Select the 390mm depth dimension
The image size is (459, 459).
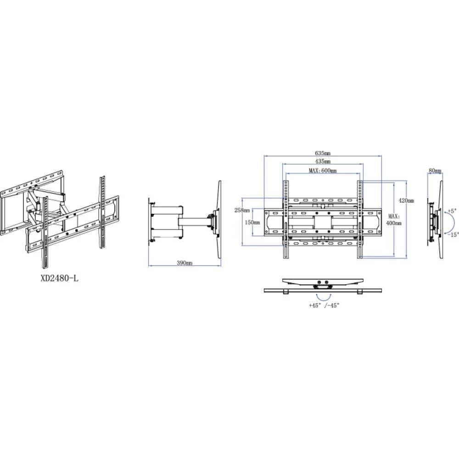pyautogui.click(x=185, y=263)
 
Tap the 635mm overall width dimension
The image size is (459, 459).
pyautogui.click(x=323, y=152)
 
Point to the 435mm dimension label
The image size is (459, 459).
pyautogui.click(x=323, y=162)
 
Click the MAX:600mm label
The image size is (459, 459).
pyautogui.click(x=322, y=171)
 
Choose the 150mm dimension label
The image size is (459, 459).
pyautogui.click(x=252, y=222)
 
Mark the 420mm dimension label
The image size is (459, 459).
pyautogui.click(x=406, y=201)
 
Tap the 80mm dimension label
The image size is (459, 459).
pyautogui.click(x=435, y=171)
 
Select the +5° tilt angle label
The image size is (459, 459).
pyautogui.click(x=452, y=212)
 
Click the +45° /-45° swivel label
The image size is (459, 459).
pyautogui.click(x=324, y=305)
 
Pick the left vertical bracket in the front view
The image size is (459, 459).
pyautogui.click(x=286, y=219)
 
